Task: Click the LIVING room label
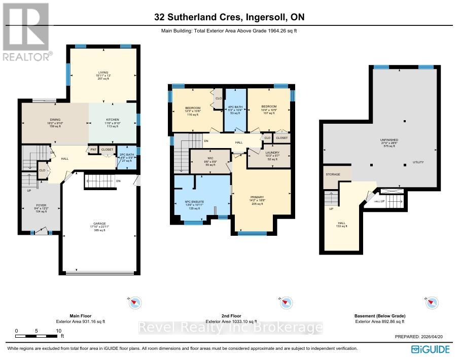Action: [x=103, y=72]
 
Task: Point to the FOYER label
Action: [x=41, y=206]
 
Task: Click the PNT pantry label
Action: [x=93, y=150]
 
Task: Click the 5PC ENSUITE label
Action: [x=195, y=202]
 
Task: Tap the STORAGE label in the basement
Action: [x=333, y=174]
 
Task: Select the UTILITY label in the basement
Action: [x=418, y=162]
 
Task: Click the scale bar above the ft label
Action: [x=37, y=336]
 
